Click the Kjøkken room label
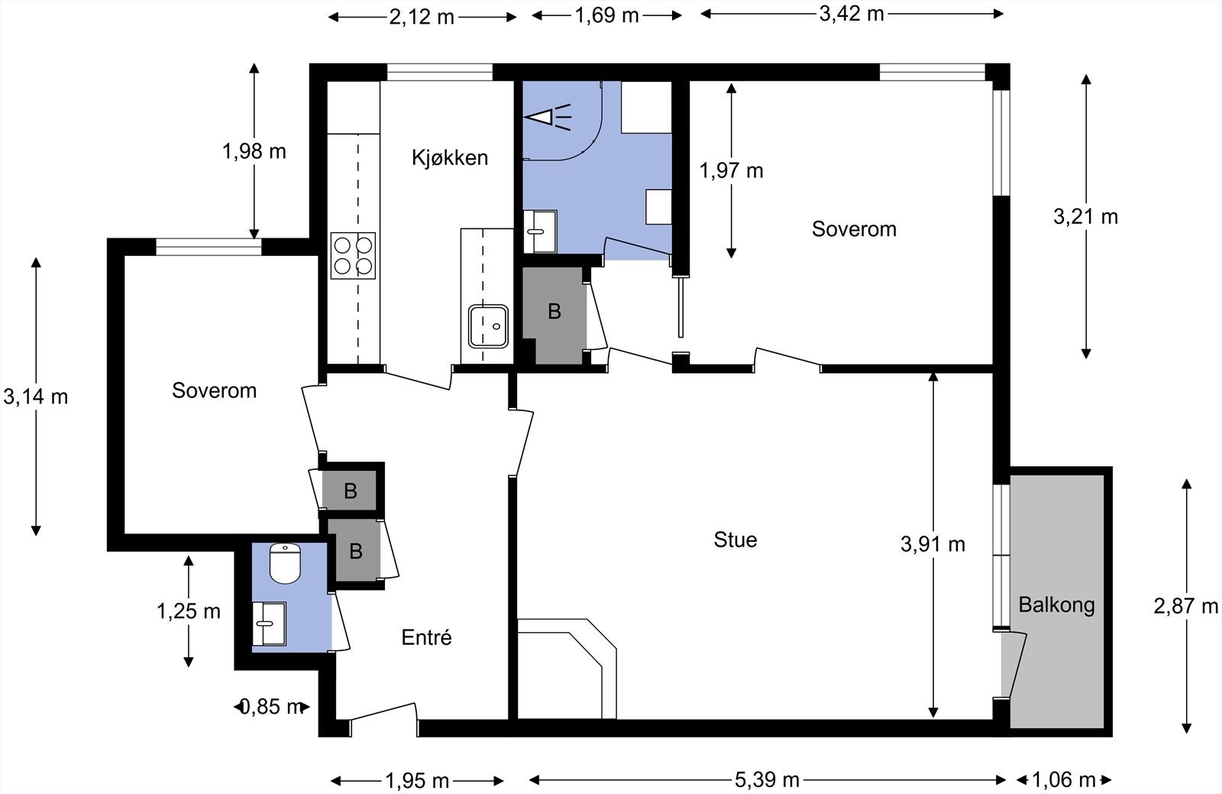450,157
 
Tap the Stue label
735,540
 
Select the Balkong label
1057,605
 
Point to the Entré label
427,637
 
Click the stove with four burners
353,256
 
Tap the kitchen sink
488,326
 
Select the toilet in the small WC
286,563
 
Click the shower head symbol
547,118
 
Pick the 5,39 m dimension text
767,780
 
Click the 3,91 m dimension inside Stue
933,544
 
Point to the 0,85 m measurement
271,707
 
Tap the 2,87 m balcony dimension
1185,606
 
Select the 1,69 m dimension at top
606,15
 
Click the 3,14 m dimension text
36,397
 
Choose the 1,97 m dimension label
731,171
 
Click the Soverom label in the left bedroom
215,391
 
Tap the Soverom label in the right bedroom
855,229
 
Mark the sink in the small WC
269,624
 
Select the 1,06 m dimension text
1064,780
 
